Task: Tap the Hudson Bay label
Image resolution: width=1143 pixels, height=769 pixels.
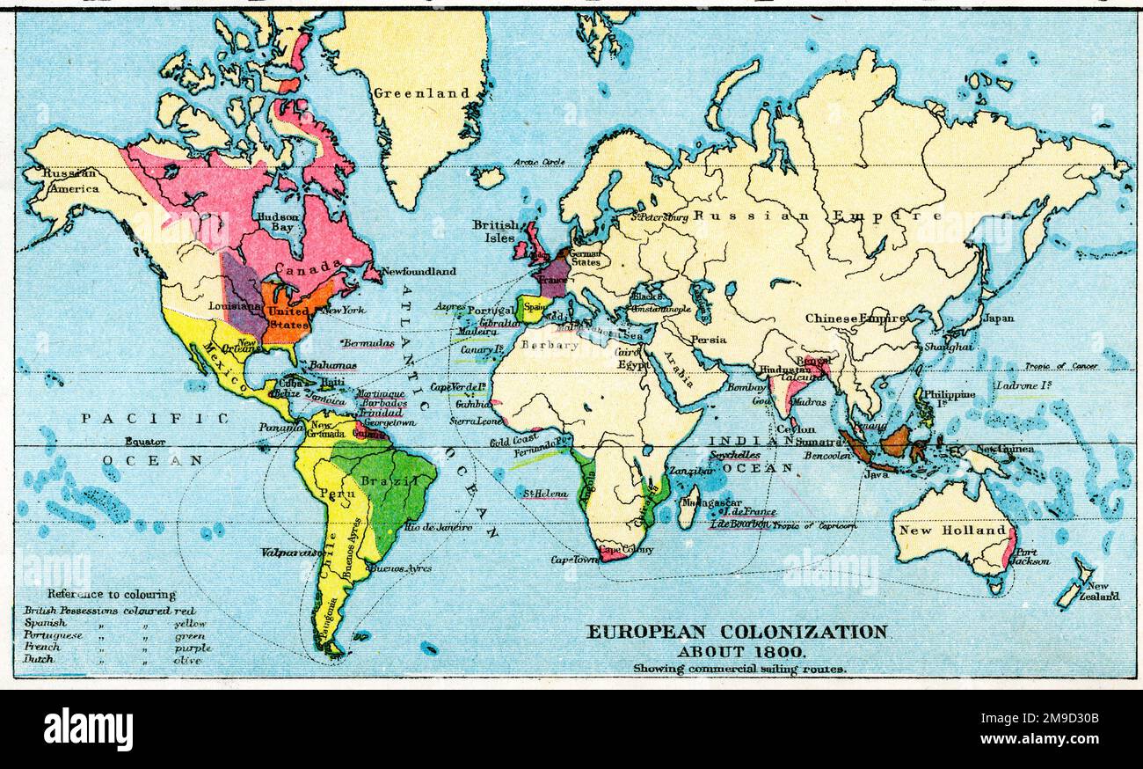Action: (x=277, y=222)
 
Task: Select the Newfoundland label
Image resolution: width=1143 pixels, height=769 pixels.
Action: (x=418, y=272)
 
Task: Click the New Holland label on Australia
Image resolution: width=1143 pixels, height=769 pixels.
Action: (x=950, y=531)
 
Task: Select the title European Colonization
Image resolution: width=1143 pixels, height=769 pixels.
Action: (x=737, y=632)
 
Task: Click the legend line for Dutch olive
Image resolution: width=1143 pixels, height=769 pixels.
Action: (x=114, y=659)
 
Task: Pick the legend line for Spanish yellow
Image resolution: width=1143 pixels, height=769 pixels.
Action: (x=114, y=623)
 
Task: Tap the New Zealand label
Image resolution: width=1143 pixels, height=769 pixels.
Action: (x=1103, y=591)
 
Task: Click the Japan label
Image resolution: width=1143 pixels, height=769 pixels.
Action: (x=998, y=319)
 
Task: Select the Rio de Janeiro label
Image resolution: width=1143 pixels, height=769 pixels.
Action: (x=438, y=528)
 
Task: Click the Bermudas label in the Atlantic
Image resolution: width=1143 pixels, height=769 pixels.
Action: (x=368, y=343)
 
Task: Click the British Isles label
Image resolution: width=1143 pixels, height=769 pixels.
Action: (x=495, y=231)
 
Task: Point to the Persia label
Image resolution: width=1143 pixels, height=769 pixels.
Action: (x=708, y=340)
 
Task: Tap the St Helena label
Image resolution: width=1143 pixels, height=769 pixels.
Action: (x=546, y=494)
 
